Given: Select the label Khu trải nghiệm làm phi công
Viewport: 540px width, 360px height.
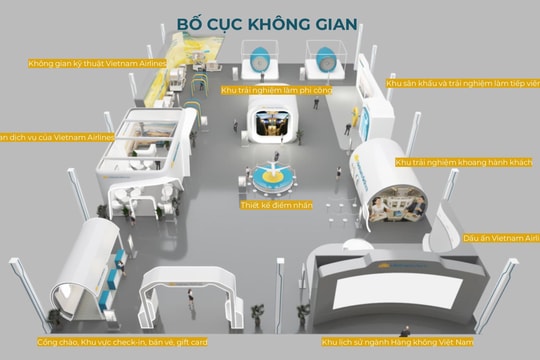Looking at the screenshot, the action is click(x=276, y=90).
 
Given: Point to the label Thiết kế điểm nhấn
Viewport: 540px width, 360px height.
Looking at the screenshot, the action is click(x=272, y=205).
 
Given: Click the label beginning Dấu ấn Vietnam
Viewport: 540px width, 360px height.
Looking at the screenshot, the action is click(x=500, y=239).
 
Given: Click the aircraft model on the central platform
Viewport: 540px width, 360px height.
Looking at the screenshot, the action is click(x=272, y=165).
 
